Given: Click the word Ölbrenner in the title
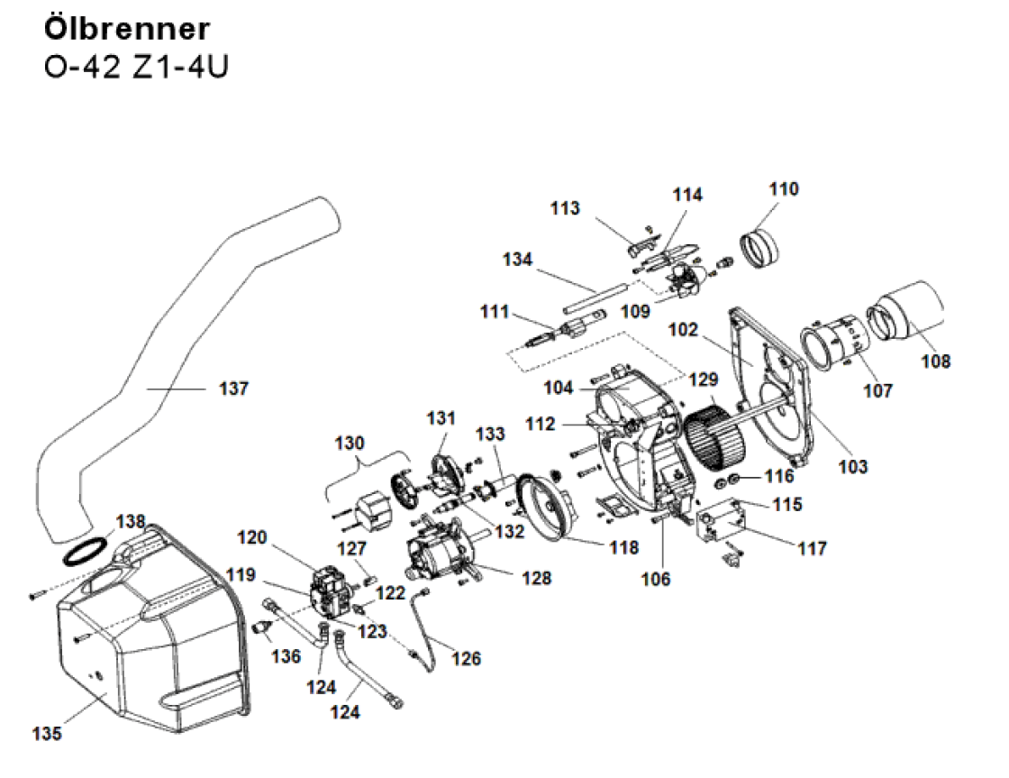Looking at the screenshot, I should (127, 28).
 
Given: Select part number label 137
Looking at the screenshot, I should (233, 389).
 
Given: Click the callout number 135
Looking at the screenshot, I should (47, 734).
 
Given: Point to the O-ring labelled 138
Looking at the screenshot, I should (86, 551).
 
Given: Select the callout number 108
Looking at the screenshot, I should (935, 362).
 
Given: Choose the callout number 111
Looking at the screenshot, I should (495, 312).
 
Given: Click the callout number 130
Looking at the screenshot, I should (350, 444).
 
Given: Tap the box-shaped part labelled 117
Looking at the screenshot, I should (726, 522).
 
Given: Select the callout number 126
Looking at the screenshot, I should (467, 658).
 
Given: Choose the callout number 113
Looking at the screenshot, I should (565, 209).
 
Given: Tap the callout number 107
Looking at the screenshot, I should (877, 391).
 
